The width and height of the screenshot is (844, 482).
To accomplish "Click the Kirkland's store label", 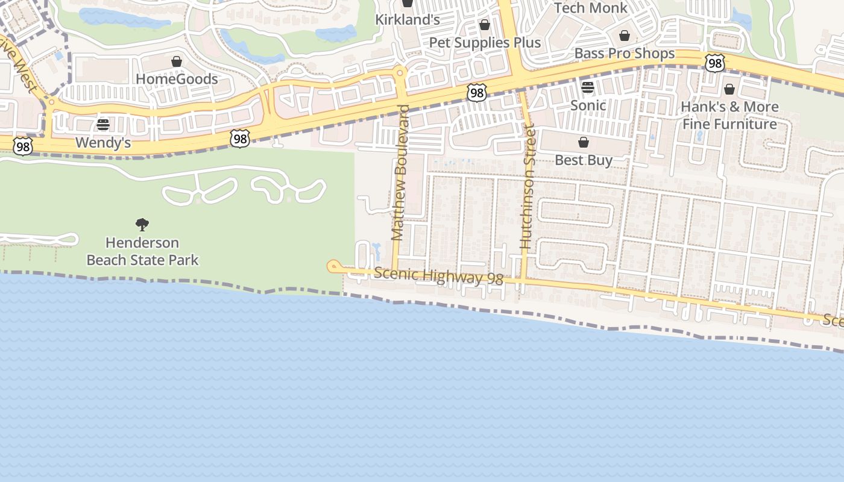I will pyautogui.click(x=408, y=19).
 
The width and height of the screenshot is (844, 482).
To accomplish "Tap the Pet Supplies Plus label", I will pyautogui.click(x=485, y=43).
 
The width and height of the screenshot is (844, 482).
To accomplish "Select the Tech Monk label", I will pyautogui.click(x=590, y=8).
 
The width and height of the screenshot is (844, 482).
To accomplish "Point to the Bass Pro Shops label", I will pyautogui.click(x=624, y=53).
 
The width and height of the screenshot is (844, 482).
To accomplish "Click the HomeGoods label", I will pyautogui.click(x=177, y=79).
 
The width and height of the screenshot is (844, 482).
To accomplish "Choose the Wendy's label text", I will pyautogui.click(x=103, y=143).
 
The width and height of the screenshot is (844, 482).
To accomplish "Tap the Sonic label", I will pyautogui.click(x=588, y=105).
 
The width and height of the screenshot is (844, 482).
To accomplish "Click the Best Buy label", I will pyautogui.click(x=583, y=160).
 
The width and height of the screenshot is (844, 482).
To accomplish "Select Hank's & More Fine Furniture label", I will pyautogui.click(x=729, y=116).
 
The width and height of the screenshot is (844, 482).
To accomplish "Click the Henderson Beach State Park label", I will pyautogui.click(x=142, y=251).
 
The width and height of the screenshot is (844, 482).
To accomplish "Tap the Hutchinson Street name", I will pyautogui.click(x=526, y=186).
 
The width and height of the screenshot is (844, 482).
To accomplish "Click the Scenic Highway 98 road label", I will pyautogui.click(x=438, y=276).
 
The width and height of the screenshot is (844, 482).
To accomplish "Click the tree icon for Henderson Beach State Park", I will pyautogui.click(x=142, y=225).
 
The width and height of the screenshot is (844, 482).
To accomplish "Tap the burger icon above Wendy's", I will pyautogui.click(x=103, y=125).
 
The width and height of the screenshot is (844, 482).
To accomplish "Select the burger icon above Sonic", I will pyautogui.click(x=588, y=87).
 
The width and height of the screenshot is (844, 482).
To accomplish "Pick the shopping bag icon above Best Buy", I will pyautogui.click(x=583, y=142).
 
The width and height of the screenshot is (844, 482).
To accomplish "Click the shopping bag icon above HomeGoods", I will pyautogui.click(x=177, y=61).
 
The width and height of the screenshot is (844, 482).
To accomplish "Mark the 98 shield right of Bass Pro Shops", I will pyautogui.click(x=715, y=64).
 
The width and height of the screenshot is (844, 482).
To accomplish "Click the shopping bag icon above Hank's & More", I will pyautogui.click(x=729, y=89).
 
